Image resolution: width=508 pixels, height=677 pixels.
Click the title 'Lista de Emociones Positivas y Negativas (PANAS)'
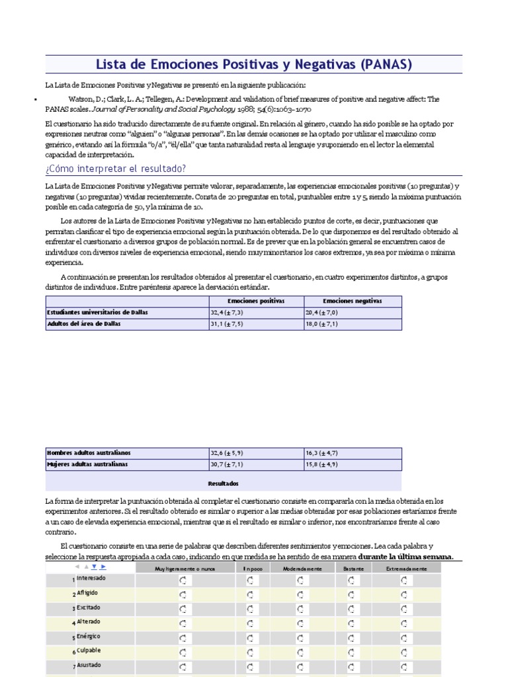coord(254,64)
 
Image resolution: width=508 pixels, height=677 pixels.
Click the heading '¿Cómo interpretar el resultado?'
coord(116,169)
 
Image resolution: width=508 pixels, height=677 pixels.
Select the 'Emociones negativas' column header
coord(353,301)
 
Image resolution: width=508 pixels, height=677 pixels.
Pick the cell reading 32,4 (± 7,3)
coord(227,312)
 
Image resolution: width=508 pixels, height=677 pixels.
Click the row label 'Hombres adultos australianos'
coord(89,453)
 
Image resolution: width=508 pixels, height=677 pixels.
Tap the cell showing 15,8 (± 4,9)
coord(321,464)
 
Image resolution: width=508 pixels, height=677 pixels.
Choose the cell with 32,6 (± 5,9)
coord(227,453)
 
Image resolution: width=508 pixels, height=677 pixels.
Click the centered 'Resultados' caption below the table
coord(223,483)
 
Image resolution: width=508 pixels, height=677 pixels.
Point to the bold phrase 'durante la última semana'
coord(405,556)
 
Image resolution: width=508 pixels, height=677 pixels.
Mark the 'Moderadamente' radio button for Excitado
coord(301,609)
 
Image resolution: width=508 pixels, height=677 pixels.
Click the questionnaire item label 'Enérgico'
coord(89,636)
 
